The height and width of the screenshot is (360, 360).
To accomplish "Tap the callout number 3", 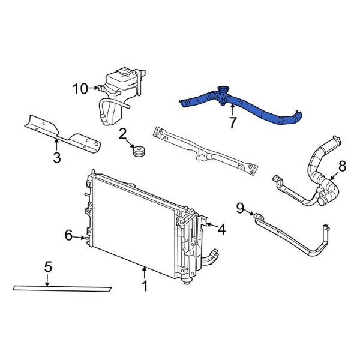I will (56, 158).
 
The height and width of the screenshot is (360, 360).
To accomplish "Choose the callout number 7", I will (232, 124).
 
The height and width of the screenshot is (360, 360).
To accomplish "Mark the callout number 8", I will (342, 166).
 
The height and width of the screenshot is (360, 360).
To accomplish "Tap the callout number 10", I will (80, 89).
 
